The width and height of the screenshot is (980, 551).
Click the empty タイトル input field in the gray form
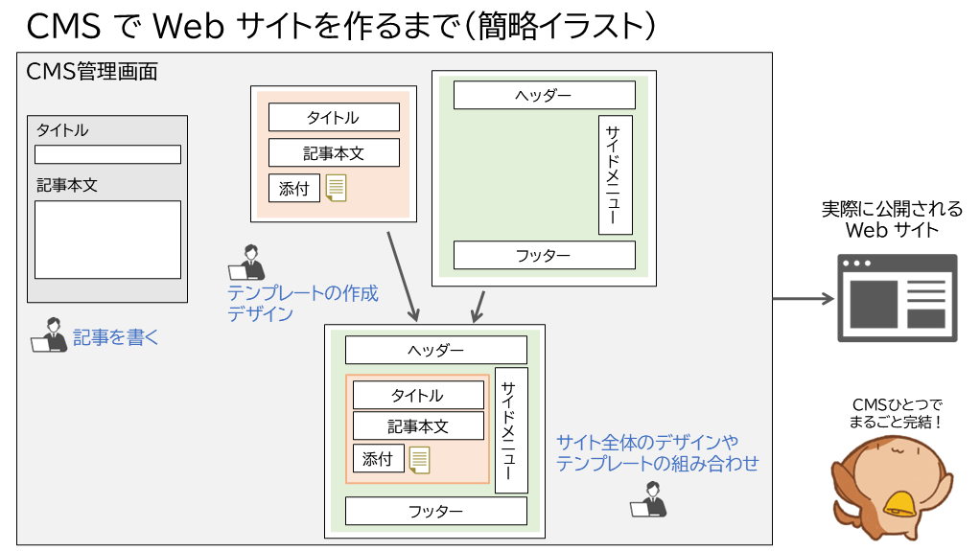pyautogui.click(x=107, y=154)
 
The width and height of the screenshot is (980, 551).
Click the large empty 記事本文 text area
pyautogui.click(x=107, y=240)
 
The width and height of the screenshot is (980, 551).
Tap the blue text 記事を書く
pyautogui.click(x=116, y=337)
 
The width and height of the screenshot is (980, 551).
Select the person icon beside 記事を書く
pyautogui.click(x=49, y=335)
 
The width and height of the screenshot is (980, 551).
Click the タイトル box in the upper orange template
pyautogui.click(x=334, y=117)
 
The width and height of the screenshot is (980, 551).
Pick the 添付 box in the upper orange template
pyautogui.click(x=293, y=188)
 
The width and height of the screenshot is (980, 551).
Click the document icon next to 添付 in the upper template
pyautogui.click(x=336, y=188)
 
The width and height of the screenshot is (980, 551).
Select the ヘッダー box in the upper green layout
pyautogui.click(x=544, y=96)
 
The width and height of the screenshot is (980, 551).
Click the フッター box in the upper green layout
pyautogui.click(x=544, y=255)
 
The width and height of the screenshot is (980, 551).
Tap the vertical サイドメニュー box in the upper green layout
pyautogui.click(x=615, y=174)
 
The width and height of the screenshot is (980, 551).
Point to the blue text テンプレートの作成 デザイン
pyautogui.click(x=302, y=303)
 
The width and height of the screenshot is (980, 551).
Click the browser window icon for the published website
pyautogui.click(x=898, y=298)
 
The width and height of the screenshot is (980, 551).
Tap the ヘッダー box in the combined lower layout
pyautogui.click(x=435, y=350)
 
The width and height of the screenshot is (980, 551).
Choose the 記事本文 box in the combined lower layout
pyautogui.click(x=418, y=425)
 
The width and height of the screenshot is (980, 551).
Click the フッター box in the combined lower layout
pyautogui.click(x=435, y=512)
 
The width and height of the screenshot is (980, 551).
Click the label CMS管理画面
pyautogui.click(x=92, y=72)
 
